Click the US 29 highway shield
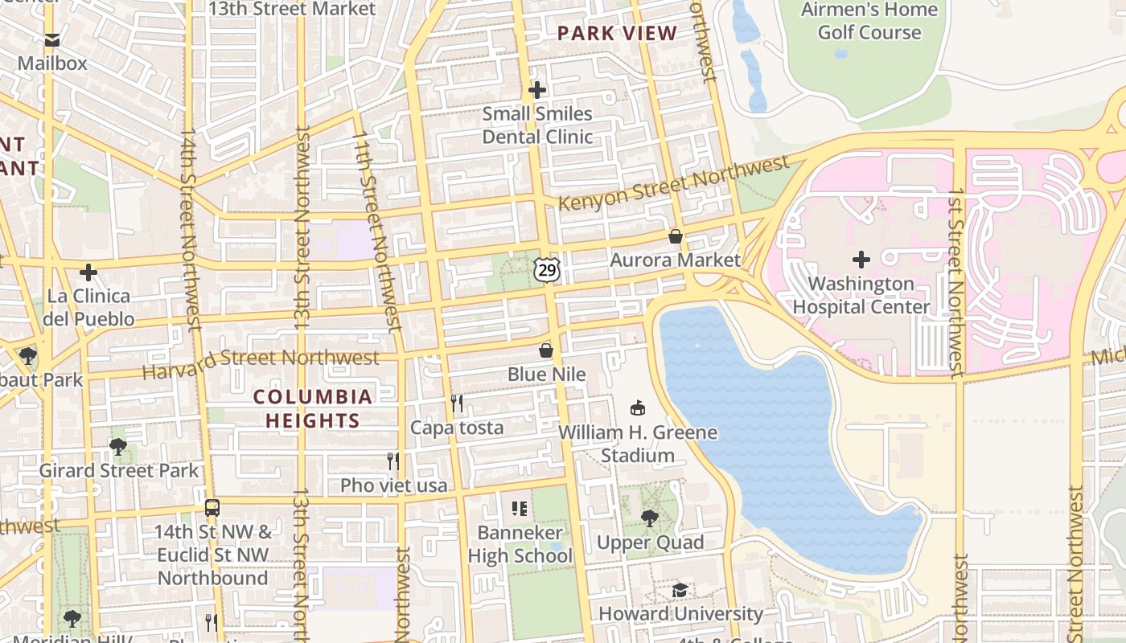[547, 270]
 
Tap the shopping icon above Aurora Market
[676, 236]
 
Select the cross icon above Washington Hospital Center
[861, 260]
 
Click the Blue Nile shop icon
[546, 350]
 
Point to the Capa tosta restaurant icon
[457, 403]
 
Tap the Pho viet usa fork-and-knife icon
[393, 461]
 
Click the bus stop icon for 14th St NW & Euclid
[212, 508]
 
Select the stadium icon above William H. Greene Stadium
[638, 408]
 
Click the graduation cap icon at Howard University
[680, 591]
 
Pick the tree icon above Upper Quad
[650, 518]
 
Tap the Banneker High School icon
[520, 509]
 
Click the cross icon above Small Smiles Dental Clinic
[537, 90]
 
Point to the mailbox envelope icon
[52, 39]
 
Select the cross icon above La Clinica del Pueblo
[88, 272]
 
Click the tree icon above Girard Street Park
[118, 447]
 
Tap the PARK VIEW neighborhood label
[618, 34]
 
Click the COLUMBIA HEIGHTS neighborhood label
[313, 408]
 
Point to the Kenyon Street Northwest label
[673, 184]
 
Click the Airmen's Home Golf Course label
[869, 21]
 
